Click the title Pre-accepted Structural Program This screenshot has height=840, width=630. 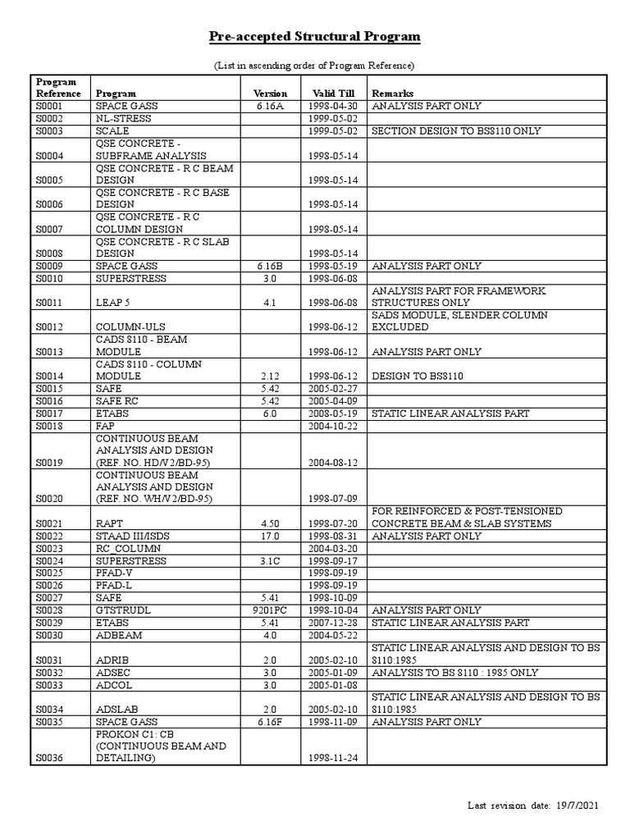pos(315,37)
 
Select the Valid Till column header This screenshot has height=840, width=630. pos(328,94)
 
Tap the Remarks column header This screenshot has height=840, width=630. pos(393,94)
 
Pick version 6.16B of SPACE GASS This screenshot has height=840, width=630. pos(270,267)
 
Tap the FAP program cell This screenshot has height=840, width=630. pos(105,427)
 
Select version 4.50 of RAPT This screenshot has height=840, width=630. pos(270,524)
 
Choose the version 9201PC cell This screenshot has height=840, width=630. pos(270,610)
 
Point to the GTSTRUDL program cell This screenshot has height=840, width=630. pos(123,610)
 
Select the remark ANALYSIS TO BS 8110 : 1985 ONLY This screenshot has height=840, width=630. pos(455,673)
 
